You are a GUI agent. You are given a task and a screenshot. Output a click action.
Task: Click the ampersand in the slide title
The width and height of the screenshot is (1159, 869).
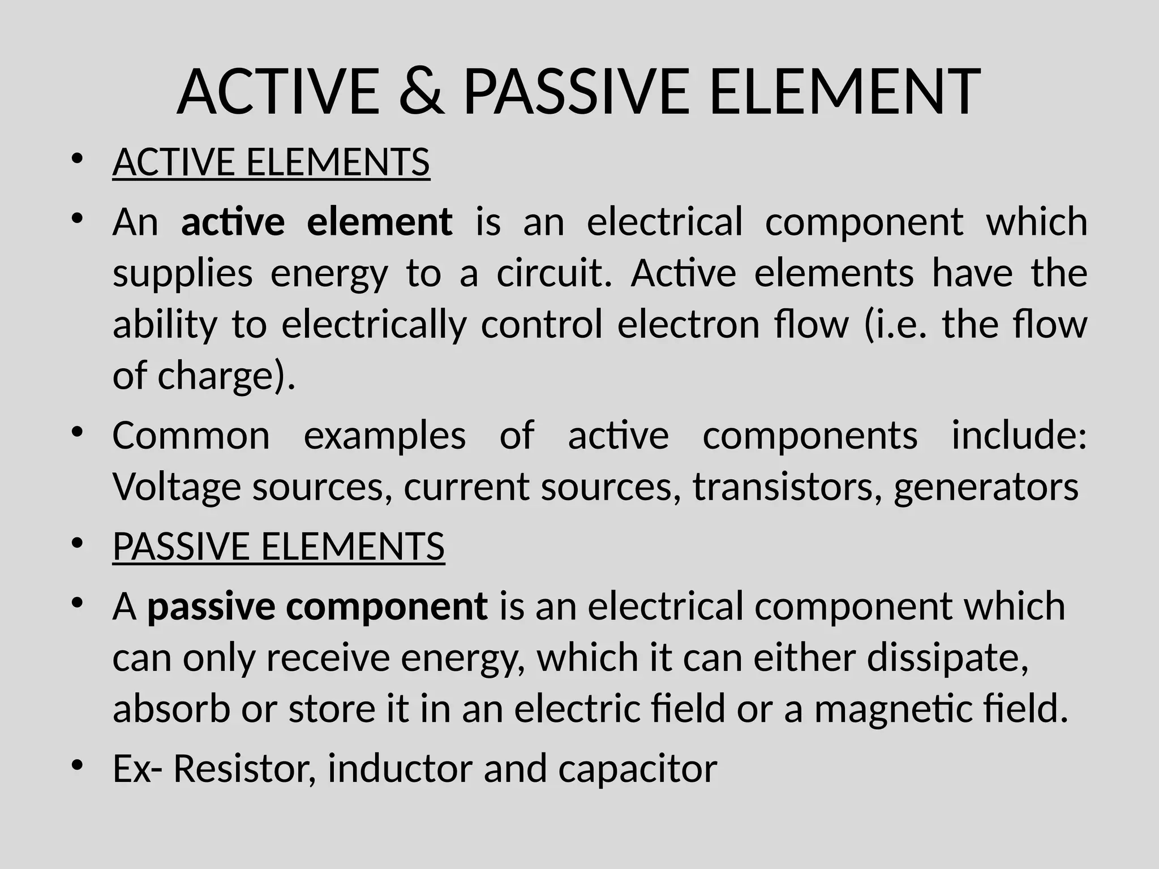click(x=422, y=92)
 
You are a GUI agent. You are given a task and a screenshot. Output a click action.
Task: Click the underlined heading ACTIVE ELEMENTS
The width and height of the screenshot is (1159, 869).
click(x=271, y=162)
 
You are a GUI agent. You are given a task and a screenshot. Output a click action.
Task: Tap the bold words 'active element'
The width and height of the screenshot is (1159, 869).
click(x=316, y=221)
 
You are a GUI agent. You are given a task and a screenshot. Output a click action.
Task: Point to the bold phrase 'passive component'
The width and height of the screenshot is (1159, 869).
click(x=317, y=606)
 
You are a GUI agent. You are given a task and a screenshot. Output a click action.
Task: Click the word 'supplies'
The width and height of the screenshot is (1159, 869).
click(x=182, y=273)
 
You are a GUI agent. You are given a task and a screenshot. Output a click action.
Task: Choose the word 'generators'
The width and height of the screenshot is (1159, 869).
click(x=986, y=487)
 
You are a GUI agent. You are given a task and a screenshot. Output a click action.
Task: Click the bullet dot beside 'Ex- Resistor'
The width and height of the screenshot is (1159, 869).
click(x=78, y=764)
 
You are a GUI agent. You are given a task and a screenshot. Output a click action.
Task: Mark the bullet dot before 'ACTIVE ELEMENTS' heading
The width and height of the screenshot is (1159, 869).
click(x=78, y=158)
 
